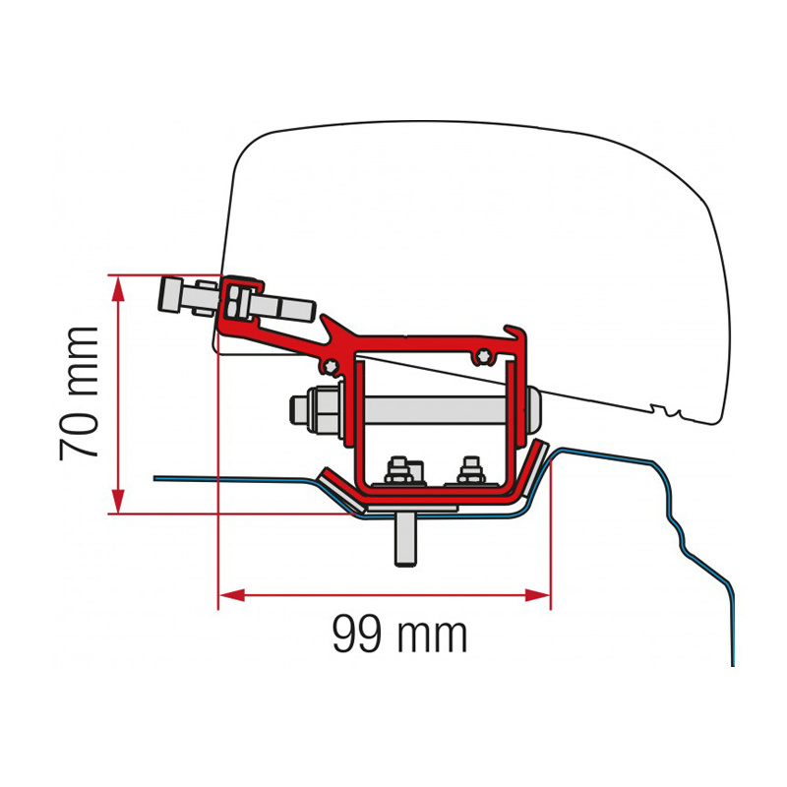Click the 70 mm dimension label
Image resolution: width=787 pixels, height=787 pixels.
click(79, 393)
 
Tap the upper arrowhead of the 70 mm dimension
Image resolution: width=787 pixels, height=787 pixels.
click(118, 289)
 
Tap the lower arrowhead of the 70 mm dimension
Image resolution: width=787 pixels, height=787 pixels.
click(118, 500)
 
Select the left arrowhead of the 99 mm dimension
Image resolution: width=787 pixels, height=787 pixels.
click(232, 595)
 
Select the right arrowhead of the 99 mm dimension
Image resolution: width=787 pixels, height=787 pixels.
click(537, 595)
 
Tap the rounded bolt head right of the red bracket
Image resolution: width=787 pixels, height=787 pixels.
click(533, 411)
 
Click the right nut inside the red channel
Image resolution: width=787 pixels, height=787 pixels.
click(471, 471)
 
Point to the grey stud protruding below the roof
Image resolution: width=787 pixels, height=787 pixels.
click(405, 538)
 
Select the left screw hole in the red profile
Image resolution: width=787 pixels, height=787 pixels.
click(330, 367)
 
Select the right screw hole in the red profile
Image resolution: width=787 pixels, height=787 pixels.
click(483, 355)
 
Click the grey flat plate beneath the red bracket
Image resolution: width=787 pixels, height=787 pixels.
click(411, 509)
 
